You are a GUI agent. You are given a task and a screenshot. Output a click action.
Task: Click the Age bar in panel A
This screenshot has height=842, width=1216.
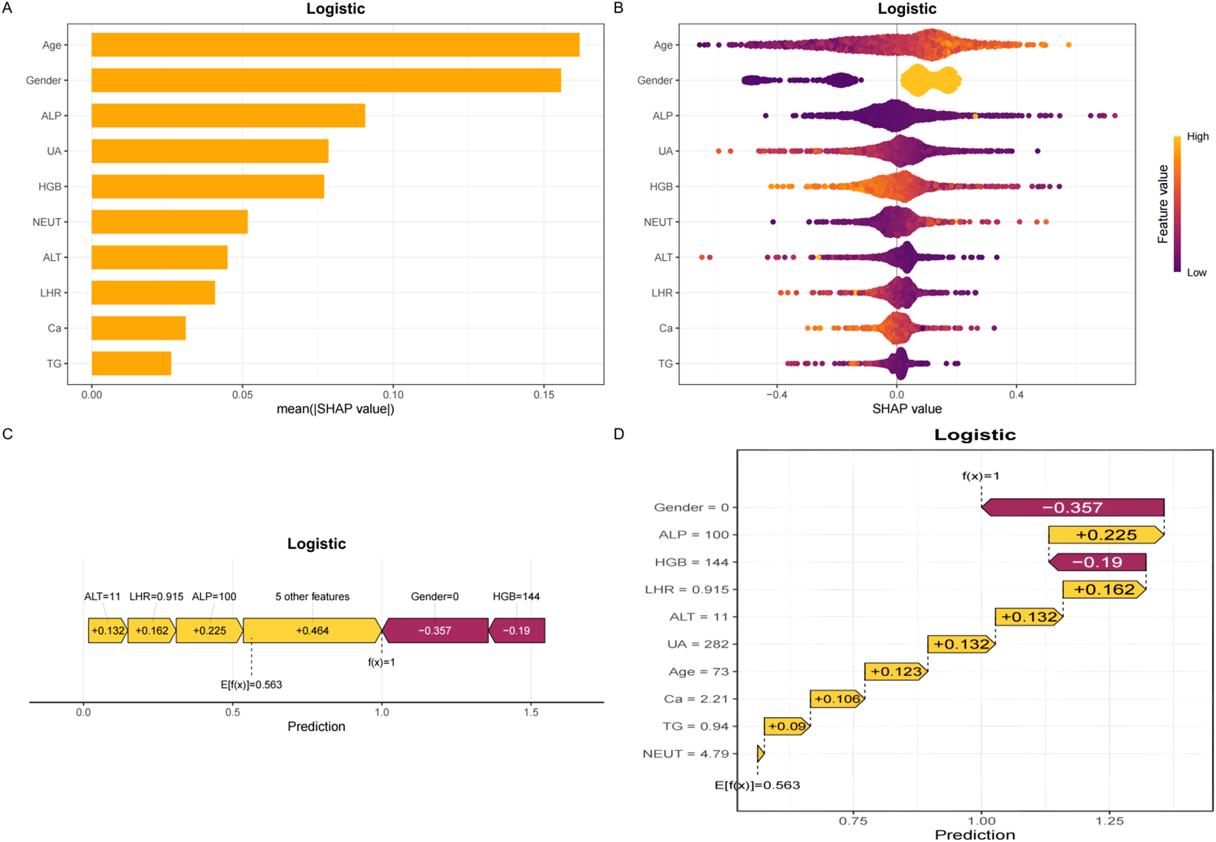[x=335, y=45]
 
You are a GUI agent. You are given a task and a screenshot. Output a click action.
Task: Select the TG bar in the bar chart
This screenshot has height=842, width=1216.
[x=131, y=364]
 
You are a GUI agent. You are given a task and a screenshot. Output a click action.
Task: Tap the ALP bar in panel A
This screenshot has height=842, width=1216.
[x=228, y=115]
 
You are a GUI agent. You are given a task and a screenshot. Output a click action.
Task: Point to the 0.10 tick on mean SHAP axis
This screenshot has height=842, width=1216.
[x=393, y=395]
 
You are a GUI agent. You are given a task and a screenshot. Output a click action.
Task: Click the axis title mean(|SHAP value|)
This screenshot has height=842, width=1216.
[x=335, y=409]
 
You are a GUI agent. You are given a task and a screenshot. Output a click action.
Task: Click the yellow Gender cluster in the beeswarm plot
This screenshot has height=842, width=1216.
[x=930, y=80]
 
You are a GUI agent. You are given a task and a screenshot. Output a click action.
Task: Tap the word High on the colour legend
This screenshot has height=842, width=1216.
[x=1197, y=137]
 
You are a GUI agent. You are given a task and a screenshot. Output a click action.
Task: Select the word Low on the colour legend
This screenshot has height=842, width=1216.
[x=1196, y=273]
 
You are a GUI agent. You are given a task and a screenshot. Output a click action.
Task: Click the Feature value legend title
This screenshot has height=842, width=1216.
[x=1162, y=204]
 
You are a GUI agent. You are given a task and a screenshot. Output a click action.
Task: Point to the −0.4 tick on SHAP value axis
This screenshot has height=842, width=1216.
[x=776, y=395]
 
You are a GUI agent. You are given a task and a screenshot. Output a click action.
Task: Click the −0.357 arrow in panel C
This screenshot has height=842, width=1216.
[x=434, y=630]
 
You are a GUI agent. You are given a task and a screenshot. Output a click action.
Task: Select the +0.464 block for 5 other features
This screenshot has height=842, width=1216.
[x=312, y=630]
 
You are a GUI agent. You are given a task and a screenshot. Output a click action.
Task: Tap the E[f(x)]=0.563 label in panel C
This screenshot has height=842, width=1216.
[x=251, y=685]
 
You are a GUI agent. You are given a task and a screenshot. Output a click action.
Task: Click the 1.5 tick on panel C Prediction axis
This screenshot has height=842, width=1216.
[x=531, y=712]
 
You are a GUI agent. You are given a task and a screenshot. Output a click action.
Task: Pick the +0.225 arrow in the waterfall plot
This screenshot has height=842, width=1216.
[x=1106, y=535]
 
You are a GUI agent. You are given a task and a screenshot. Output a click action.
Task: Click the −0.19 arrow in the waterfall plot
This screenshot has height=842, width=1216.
[x=1097, y=562]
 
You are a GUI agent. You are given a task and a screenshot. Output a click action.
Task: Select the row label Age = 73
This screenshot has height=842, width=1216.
[x=698, y=672]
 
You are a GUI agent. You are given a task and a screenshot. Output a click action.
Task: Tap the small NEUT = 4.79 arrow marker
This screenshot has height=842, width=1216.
[x=760, y=754]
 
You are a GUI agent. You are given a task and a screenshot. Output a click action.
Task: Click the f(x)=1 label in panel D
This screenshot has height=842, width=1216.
[x=981, y=476]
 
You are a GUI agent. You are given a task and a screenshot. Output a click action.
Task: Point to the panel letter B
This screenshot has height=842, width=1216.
[x=618, y=8]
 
